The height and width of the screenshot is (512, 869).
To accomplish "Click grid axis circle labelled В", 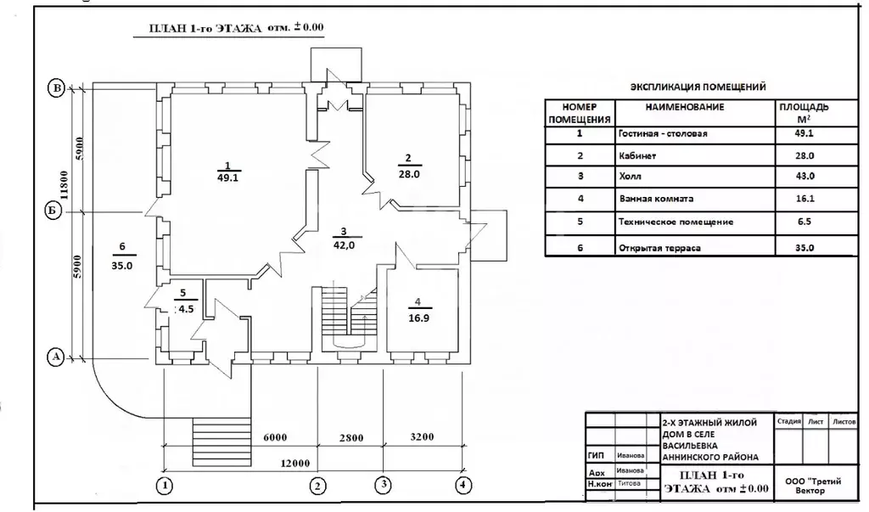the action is click(x=56, y=89).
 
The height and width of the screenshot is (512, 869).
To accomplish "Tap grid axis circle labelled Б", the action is click(x=53, y=211).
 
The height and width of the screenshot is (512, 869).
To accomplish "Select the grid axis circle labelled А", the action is click(x=55, y=357).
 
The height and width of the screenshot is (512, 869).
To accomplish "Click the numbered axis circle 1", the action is click(x=164, y=486).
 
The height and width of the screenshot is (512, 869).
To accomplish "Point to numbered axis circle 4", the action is click(x=463, y=486).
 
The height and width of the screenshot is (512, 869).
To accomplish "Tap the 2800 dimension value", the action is click(x=351, y=437).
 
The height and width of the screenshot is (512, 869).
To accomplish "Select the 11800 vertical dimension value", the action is click(x=64, y=185).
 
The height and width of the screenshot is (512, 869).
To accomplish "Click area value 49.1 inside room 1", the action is click(x=227, y=178).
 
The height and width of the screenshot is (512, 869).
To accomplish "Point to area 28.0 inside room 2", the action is click(x=409, y=173).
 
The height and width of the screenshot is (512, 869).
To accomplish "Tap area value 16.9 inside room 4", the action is click(x=418, y=318).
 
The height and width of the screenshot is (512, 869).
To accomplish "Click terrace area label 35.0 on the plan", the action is click(x=122, y=265).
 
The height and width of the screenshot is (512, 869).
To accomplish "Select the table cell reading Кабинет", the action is click(x=637, y=156).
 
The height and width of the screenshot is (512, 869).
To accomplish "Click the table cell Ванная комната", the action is click(x=656, y=199).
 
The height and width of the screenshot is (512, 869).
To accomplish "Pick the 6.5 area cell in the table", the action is click(x=805, y=222).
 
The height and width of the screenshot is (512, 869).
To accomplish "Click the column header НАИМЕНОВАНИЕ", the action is click(x=685, y=107).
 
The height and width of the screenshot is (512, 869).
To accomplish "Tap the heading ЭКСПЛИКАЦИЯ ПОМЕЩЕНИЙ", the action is click(x=698, y=87).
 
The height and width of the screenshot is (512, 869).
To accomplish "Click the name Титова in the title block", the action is click(x=629, y=483).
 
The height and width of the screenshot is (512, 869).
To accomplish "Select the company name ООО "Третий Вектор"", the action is click(x=813, y=486).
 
